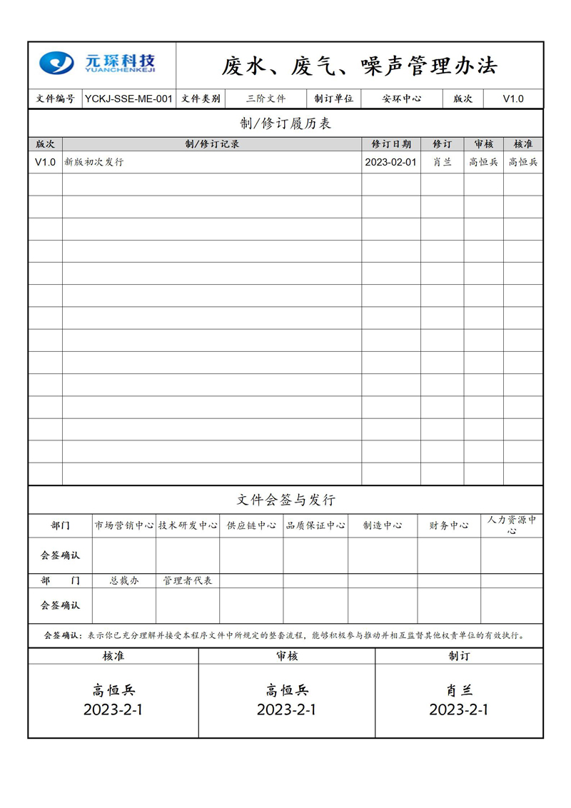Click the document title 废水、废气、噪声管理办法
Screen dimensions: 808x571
[359, 66]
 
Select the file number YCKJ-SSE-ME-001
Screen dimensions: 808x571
[128, 99]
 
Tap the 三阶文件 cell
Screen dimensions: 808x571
[266, 99]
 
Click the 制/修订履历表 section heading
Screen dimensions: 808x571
[285, 123]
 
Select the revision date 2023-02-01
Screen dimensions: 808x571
[390, 162]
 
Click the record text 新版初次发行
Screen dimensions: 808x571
[94, 162]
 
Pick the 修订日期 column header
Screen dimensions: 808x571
[391, 144]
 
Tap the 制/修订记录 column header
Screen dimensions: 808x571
[212, 144]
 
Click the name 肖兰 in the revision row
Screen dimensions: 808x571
[442, 162]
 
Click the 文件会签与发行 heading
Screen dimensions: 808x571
[285, 500]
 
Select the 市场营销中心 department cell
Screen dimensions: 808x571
[124, 525]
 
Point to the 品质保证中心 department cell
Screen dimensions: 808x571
[315, 525]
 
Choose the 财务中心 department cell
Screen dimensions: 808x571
[449, 525]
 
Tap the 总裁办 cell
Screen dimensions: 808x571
[124, 581]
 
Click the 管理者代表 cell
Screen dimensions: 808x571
[188, 581]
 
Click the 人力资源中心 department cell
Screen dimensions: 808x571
[512, 525]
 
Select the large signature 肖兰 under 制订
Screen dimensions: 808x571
[458, 690]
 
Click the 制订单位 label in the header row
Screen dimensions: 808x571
[334, 99]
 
